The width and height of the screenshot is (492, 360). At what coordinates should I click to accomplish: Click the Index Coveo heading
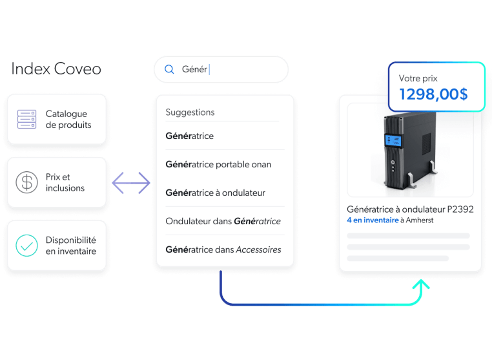[56, 69]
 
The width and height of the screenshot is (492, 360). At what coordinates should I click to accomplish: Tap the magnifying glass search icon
[169, 69]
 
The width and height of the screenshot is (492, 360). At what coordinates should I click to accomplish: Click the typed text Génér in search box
[194, 69]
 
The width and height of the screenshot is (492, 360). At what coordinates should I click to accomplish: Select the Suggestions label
[190, 112]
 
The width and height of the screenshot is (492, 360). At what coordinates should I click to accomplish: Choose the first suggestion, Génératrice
[189, 136]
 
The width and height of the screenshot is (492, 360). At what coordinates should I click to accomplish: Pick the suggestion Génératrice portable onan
[218, 164]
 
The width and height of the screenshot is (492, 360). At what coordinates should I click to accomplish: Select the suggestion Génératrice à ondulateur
[215, 193]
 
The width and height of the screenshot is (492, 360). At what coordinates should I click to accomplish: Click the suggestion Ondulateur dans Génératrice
[223, 221]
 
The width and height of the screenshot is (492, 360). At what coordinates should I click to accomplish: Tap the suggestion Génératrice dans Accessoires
[223, 249]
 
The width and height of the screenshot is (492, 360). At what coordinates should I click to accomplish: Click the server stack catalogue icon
[26, 120]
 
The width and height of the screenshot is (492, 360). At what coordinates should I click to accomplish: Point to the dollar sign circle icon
[26, 183]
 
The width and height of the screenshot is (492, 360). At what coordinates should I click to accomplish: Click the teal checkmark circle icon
[26, 246]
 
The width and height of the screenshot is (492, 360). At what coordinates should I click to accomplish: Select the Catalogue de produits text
[68, 120]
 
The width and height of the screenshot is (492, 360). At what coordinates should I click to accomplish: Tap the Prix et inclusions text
[65, 183]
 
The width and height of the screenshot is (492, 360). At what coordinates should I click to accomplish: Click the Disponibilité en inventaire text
[70, 246]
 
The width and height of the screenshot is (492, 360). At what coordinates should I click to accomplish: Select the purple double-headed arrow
[130, 183]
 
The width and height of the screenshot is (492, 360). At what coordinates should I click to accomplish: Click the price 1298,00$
[433, 94]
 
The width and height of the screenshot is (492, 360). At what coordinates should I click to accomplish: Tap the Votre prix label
[418, 78]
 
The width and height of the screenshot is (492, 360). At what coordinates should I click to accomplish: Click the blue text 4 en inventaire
[373, 220]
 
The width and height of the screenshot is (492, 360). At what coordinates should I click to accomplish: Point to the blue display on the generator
[393, 140]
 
